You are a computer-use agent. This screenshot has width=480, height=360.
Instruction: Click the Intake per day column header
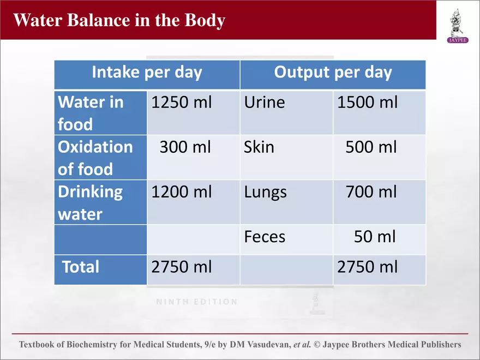point(147,73)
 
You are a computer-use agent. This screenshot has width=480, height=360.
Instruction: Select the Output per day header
point(333,73)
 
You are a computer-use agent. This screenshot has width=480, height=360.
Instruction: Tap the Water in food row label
point(91,113)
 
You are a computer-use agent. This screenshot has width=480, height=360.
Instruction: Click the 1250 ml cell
point(182,102)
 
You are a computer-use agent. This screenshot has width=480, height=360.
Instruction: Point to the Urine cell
point(265,102)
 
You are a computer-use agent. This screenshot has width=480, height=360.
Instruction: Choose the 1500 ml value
point(368,102)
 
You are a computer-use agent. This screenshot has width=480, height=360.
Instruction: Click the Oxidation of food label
point(95,158)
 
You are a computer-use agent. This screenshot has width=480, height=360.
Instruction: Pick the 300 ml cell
point(185,147)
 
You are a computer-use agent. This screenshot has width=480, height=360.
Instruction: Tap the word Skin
point(259,147)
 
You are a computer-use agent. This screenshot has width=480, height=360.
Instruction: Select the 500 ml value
point(371,147)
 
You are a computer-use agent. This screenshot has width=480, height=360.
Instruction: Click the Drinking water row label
point(91,202)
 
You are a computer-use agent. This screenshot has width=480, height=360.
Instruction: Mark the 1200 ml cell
point(182,192)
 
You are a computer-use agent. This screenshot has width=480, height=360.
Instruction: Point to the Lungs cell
point(266,192)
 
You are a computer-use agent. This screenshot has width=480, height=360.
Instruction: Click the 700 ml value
point(371,192)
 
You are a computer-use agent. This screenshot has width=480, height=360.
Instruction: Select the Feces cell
point(265,237)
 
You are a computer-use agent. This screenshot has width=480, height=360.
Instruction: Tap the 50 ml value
point(375,237)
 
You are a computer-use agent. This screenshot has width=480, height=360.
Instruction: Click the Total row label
point(81,267)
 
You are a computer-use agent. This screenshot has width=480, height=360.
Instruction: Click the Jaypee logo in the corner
point(457,25)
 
